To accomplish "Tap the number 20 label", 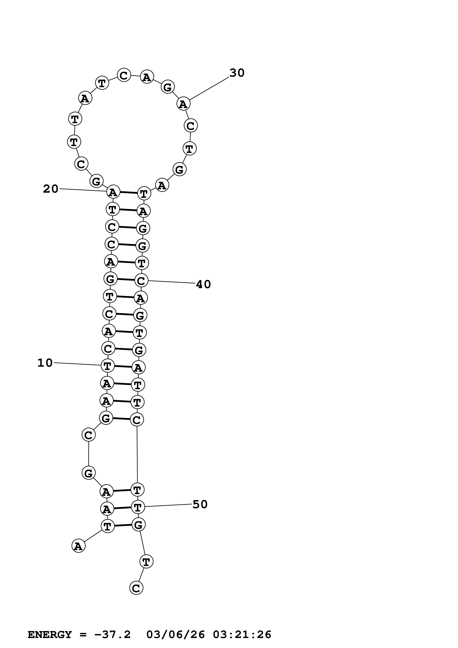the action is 50,189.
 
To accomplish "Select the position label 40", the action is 203,284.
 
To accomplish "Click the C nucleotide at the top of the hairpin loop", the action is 124,75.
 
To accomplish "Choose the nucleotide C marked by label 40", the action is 141,281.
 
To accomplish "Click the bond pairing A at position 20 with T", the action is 128,193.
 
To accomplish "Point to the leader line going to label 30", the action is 209,88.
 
